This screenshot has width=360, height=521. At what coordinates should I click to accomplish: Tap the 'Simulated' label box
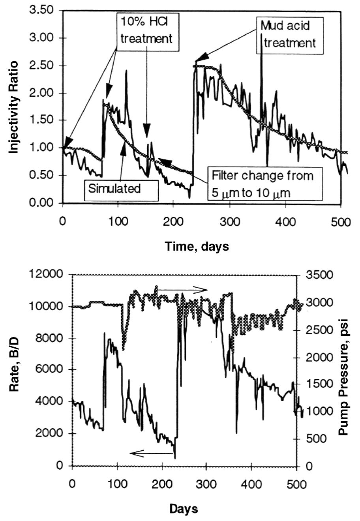pos(114,188)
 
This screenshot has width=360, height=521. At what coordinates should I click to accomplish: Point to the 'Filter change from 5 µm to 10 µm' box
pos(262,184)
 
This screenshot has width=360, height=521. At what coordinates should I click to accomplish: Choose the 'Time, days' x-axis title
pos(197,247)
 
